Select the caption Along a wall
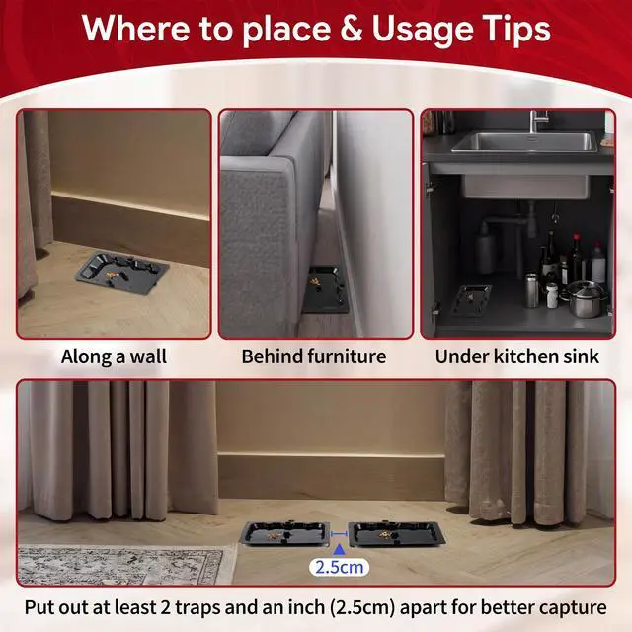click(115, 356)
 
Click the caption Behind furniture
click(314, 356)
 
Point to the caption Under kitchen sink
click(517, 356)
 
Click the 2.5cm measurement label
click(339, 567)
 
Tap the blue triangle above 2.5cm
click(339, 549)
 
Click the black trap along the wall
click(122, 273)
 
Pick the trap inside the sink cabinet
click(470, 300)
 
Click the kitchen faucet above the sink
click(536, 120)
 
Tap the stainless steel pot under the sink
click(586, 299)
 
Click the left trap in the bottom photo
click(285, 533)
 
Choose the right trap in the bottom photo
click(397, 534)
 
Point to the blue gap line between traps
click(339, 534)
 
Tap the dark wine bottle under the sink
click(550, 258)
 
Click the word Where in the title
click(136, 29)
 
